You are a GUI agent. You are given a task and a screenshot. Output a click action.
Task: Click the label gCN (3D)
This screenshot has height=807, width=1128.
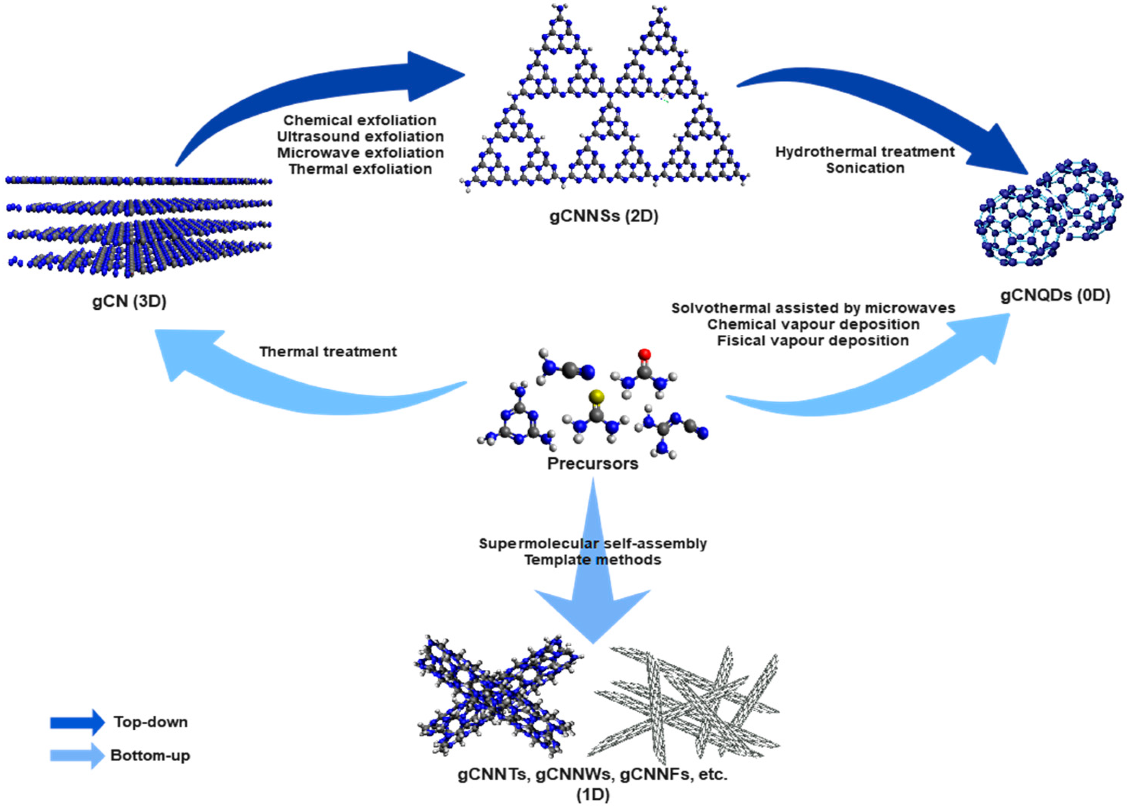coord(129,301)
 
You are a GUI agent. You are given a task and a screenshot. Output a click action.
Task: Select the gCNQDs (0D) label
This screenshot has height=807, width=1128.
coord(1055,295)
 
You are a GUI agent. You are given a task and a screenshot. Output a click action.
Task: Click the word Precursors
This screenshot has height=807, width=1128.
coord(592,463)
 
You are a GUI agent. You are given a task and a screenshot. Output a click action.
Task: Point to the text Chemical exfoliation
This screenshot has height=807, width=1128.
coord(360,120)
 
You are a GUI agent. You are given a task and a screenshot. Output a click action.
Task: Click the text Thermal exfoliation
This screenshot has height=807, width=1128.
coord(360,169)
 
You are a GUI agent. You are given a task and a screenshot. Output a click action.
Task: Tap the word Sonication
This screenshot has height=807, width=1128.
coord(865,168)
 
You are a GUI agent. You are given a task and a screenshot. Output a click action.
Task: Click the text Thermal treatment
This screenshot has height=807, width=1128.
coord(328,352)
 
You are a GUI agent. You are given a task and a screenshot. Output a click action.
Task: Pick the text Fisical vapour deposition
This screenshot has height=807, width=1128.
coord(813,341)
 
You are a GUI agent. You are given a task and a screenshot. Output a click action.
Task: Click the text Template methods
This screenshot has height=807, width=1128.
coord(592,559)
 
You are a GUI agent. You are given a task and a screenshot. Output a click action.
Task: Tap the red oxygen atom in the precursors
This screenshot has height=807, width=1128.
coord(645,354)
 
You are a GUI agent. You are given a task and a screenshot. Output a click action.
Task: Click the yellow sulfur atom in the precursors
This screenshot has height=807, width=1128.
coord(596,396)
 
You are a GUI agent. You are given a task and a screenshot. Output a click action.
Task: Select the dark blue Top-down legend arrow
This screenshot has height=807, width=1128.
coord(77,722)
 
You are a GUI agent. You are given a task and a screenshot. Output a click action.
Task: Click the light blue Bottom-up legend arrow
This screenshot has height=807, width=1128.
coord(77,756)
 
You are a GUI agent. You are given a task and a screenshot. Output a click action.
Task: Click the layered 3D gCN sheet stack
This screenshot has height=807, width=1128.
coord(139,226)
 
